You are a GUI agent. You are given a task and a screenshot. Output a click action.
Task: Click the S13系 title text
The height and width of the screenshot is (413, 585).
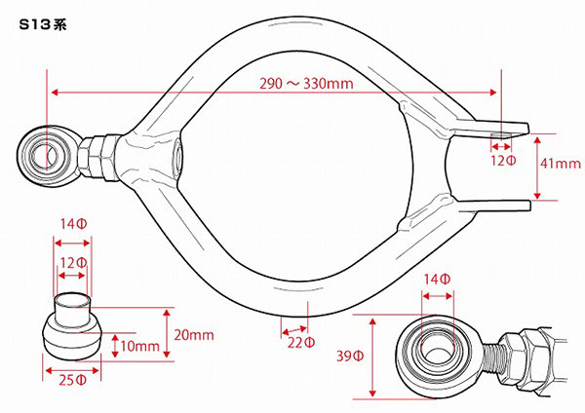click(43, 24)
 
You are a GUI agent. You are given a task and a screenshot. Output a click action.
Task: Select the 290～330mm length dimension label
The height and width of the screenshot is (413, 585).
click(306, 83)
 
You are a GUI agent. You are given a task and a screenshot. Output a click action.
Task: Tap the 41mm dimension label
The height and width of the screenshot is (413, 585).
click(561, 164)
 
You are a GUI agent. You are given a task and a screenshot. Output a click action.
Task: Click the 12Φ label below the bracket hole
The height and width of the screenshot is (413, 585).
click(503, 161)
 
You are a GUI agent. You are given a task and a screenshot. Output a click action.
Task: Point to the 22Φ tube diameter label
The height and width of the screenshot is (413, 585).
click(300, 343)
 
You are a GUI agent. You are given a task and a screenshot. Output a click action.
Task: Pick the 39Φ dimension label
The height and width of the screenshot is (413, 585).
click(350, 356)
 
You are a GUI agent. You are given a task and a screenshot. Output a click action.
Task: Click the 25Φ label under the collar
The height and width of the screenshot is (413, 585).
click(73, 380)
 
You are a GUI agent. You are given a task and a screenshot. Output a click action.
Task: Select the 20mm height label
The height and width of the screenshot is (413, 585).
click(194, 335)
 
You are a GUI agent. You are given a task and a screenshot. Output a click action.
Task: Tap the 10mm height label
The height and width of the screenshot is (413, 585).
click(139, 347)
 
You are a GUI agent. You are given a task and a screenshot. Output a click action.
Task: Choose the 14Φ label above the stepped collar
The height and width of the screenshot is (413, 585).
click(74, 224)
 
